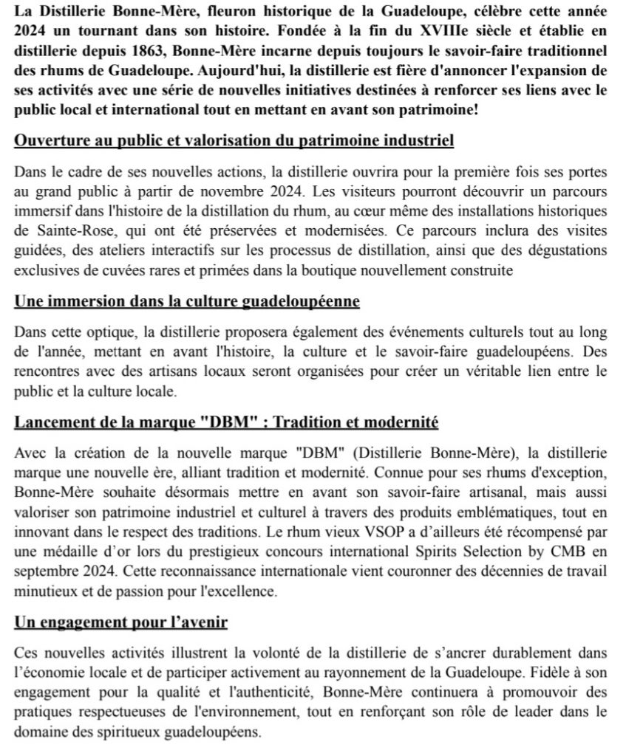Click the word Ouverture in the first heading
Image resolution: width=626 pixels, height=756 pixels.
[x=49, y=140]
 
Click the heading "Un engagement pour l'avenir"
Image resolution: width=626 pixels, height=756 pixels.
[x=120, y=622]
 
